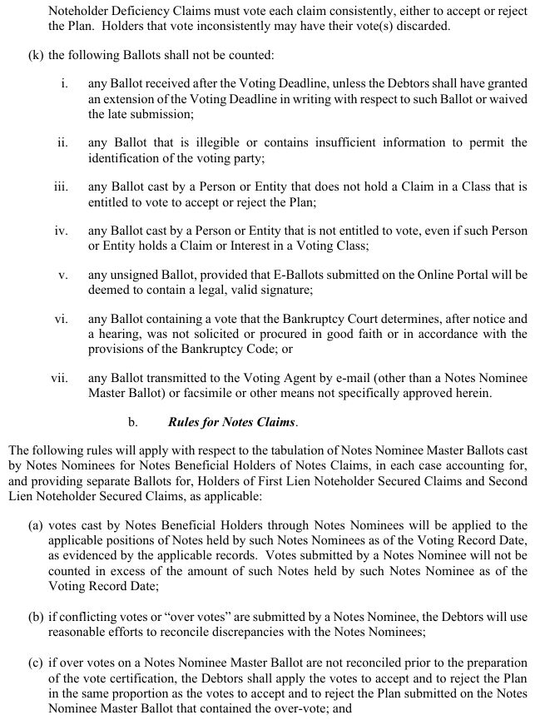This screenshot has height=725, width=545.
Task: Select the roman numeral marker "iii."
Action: [x=60, y=187]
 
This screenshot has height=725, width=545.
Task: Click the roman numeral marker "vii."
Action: [x=58, y=378]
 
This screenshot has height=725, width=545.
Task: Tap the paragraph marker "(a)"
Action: [x=36, y=525]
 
